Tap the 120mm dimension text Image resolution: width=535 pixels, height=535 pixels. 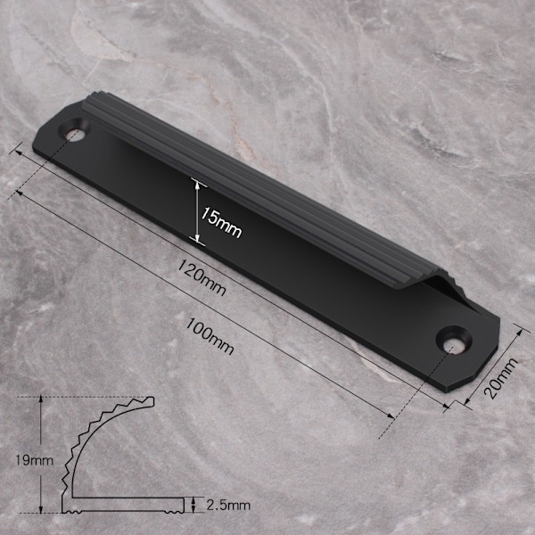point(202,277)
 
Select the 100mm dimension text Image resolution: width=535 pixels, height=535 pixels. point(210,337)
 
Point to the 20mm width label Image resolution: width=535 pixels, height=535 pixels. point(500,378)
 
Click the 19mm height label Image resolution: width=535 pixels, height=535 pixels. point(35,461)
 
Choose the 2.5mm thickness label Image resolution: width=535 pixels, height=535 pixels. point(228,506)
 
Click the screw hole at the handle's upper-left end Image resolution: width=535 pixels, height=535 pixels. point(75,130)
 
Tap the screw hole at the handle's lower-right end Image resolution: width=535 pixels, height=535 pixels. point(455,342)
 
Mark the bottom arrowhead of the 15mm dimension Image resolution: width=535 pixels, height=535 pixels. point(197,237)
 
